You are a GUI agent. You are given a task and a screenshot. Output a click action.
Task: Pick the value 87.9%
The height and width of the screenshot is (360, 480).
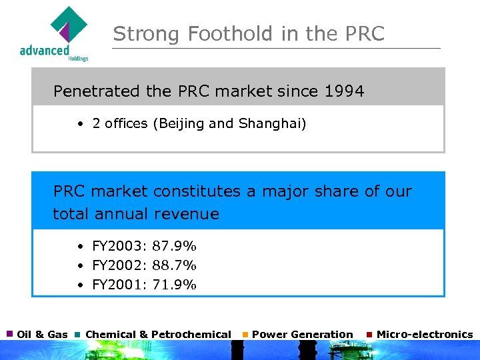[x=175, y=246]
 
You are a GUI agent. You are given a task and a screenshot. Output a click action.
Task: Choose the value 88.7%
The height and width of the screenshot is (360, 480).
[x=175, y=265]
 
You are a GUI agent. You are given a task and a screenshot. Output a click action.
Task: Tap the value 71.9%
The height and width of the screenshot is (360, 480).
[x=175, y=285]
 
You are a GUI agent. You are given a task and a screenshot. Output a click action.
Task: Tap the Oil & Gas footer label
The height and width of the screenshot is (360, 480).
[x=42, y=335]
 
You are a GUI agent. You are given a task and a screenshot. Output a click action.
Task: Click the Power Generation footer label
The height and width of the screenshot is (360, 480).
[x=303, y=335]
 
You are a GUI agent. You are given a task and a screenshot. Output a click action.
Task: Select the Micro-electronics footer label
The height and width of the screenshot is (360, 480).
[x=425, y=335]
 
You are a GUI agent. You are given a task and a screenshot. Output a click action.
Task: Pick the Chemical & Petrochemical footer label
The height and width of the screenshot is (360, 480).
[x=159, y=335]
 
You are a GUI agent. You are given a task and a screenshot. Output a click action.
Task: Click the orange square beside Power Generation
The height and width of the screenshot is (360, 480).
[x=245, y=334]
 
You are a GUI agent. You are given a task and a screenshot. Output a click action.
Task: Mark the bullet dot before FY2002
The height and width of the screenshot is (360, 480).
[x=79, y=266]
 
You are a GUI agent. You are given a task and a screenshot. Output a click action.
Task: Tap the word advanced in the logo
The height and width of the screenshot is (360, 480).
[x=45, y=50]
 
